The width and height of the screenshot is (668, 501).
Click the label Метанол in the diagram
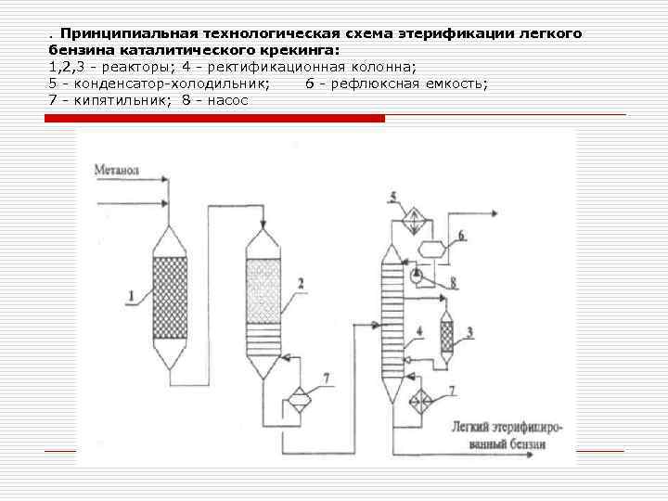point(116,171)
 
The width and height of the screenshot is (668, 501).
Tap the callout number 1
point(132,296)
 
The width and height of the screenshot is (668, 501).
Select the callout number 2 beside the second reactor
point(299,282)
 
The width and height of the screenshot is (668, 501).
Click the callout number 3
point(469,331)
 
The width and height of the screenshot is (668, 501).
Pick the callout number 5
point(393,196)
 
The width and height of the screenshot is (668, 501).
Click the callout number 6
point(461,236)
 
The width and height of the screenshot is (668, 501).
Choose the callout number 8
point(452,281)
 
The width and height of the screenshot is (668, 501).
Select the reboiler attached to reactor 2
point(299,400)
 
